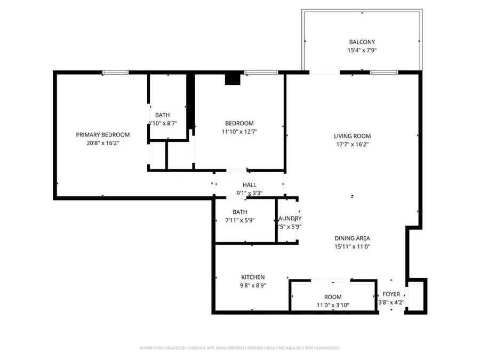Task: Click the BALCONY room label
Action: pyautogui.click(x=362, y=42)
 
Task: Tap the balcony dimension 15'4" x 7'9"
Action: pyautogui.click(x=362, y=51)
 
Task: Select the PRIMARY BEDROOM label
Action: pyautogui.click(x=103, y=135)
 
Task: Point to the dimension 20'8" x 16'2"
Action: pyautogui.click(x=103, y=143)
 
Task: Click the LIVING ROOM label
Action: pyautogui.click(x=352, y=136)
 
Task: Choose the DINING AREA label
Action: pyautogui.click(x=352, y=238)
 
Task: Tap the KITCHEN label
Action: pyautogui.click(x=253, y=277)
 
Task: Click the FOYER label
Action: pyautogui.click(x=391, y=294)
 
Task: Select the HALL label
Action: pyautogui.click(x=250, y=185)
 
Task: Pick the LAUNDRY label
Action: pyautogui.click(x=289, y=219)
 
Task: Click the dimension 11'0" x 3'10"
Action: pyautogui.click(x=333, y=306)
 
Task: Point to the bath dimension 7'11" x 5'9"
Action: pyautogui.click(x=239, y=220)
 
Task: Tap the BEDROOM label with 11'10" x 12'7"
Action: pyautogui.click(x=239, y=123)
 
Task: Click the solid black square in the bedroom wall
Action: pyautogui.click(x=233, y=79)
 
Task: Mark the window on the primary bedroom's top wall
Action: pyautogui.click(x=116, y=73)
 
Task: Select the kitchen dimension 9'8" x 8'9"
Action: pyautogui.click(x=253, y=286)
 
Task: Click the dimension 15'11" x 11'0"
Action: pyautogui.click(x=352, y=247)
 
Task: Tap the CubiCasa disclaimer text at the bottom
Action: pyautogui.click(x=240, y=348)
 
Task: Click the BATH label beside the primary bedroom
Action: pyautogui.click(x=163, y=115)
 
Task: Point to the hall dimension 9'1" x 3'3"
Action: pyautogui.click(x=250, y=194)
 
